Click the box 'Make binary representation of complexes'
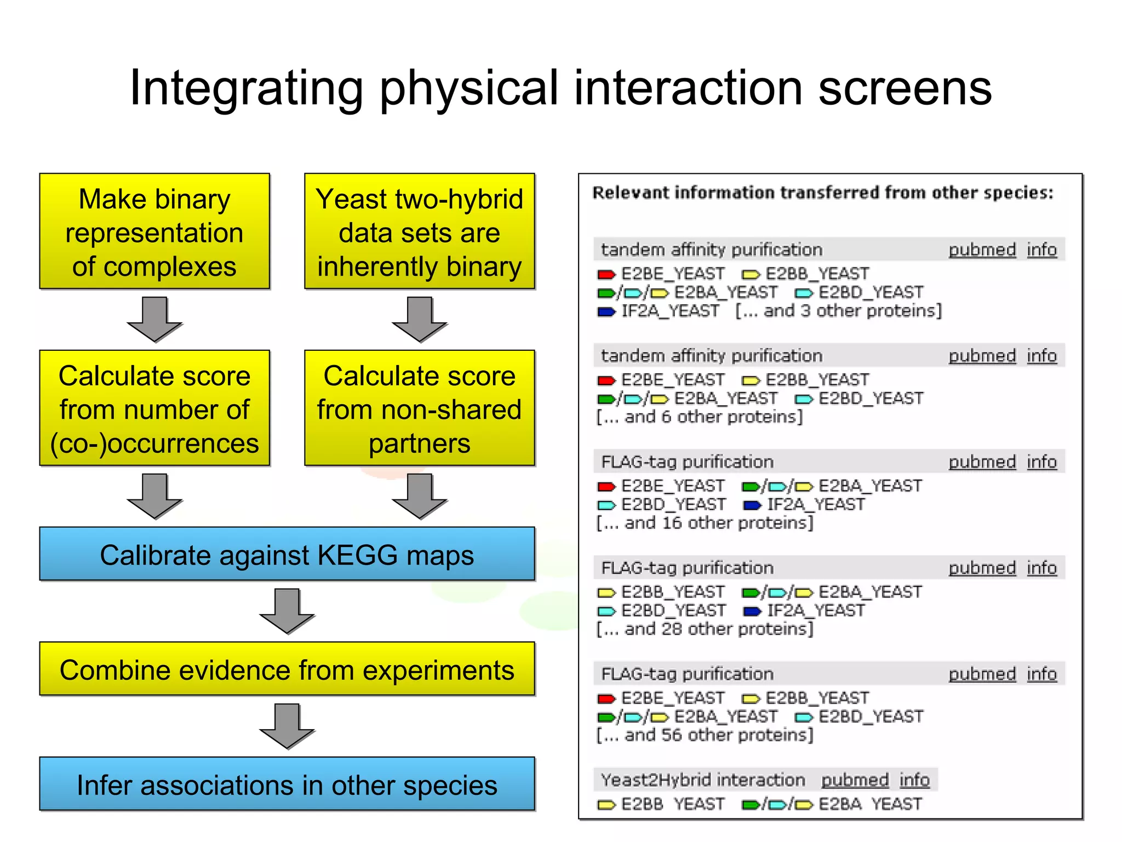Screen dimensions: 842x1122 pos(154,232)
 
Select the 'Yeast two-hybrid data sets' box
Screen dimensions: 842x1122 pos(419,232)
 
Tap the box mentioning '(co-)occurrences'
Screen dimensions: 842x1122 pos(154,408)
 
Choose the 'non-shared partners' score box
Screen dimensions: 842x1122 pos(419,408)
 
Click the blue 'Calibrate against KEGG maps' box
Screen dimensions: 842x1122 pos(287,554)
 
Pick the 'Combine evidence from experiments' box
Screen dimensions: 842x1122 pos(287,669)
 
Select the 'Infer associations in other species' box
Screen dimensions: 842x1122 pos(287,784)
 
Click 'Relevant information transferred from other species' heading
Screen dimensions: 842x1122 pos(823,193)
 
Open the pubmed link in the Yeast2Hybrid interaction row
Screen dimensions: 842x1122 pos(855,780)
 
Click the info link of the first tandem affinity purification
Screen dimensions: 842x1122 pos(1041,250)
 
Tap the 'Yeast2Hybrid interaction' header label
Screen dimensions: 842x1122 pos(703,780)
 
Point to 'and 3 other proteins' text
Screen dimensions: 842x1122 pos(838,311)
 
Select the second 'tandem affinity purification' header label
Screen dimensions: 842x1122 pos(712,356)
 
